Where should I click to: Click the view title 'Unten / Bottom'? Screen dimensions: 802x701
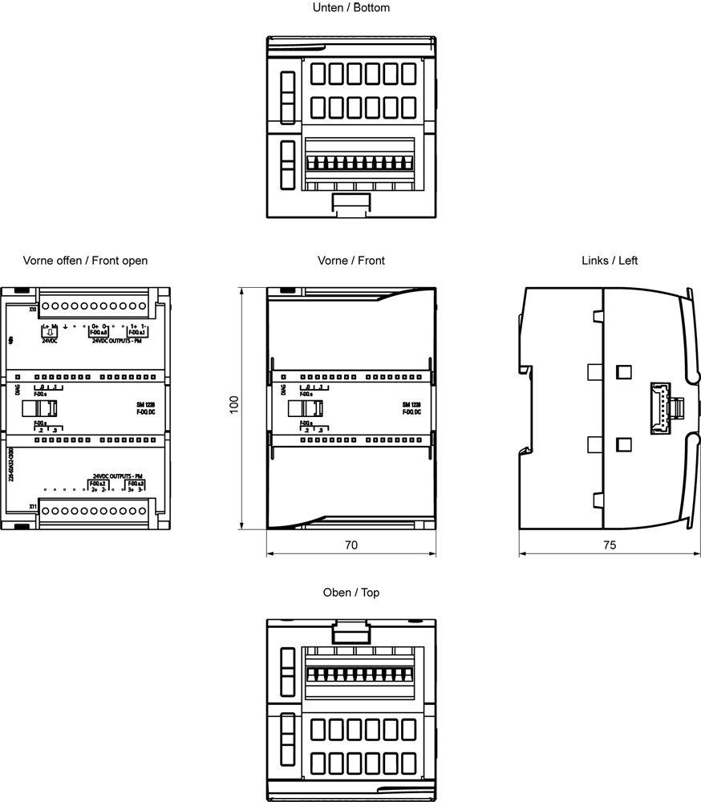tap(350, 8)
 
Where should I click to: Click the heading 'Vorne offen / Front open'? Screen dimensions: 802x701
tap(85, 261)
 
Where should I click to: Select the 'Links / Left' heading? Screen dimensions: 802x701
tap(610, 261)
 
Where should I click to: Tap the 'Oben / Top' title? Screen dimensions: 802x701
tap(350, 593)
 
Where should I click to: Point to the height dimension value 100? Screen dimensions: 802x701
tap(234, 406)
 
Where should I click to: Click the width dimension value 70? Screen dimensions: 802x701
tap(350, 545)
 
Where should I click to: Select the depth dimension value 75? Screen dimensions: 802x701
tap(609, 545)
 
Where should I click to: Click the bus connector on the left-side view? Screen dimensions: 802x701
tap(662, 407)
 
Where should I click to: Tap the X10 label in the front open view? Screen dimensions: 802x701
tap(32, 308)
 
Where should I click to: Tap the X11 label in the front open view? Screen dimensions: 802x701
tap(32, 507)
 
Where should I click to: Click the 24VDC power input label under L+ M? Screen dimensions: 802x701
tap(50, 340)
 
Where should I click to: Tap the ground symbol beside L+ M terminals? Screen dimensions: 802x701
tap(65, 326)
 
